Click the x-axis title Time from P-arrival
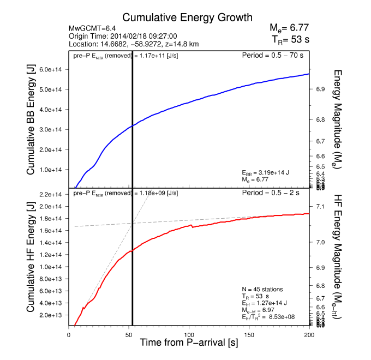pyautogui.click(x=189, y=344)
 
